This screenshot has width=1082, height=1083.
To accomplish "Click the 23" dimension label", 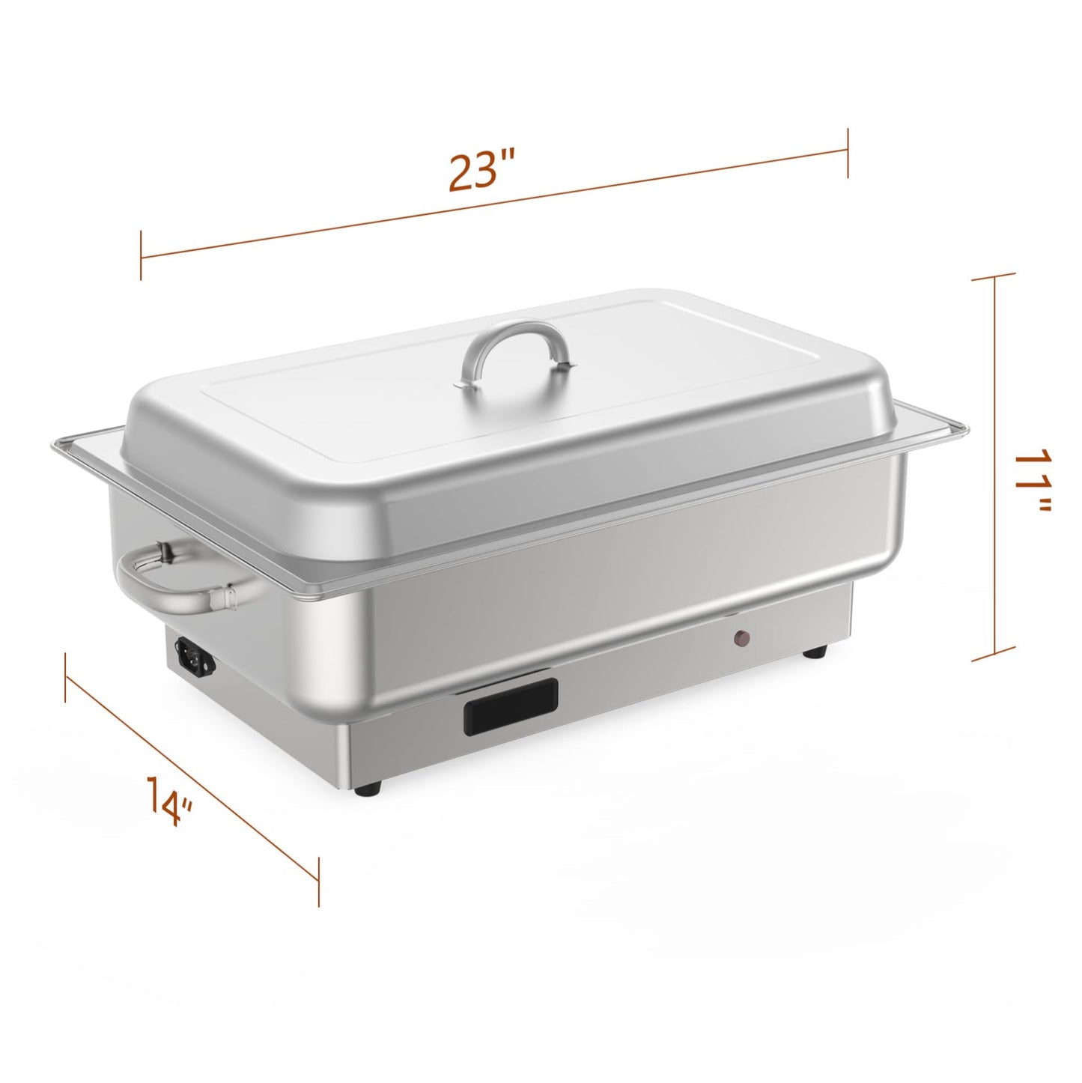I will pyautogui.click(x=482, y=172).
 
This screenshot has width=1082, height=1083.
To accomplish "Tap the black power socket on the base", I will pyautogui.click(x=195, y=655).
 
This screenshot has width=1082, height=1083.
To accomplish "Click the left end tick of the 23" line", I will pyautogui.click(x=141, y=256).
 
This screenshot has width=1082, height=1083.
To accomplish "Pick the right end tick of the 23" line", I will pyautogui.click(x=848, y=153).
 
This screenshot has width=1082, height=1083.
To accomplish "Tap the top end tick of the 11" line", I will pyautogui.click(x=994, y=277).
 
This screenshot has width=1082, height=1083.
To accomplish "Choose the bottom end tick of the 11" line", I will pyautogui.click(x=994, y=659).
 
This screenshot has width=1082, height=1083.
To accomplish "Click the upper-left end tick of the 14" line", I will pyautogui.click(x=67, y=679).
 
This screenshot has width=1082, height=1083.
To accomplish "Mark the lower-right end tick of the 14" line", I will pyautogui.click(x=319, y=881).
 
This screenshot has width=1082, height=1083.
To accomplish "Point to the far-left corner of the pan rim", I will pyautogui.click(x=54, y=450).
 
